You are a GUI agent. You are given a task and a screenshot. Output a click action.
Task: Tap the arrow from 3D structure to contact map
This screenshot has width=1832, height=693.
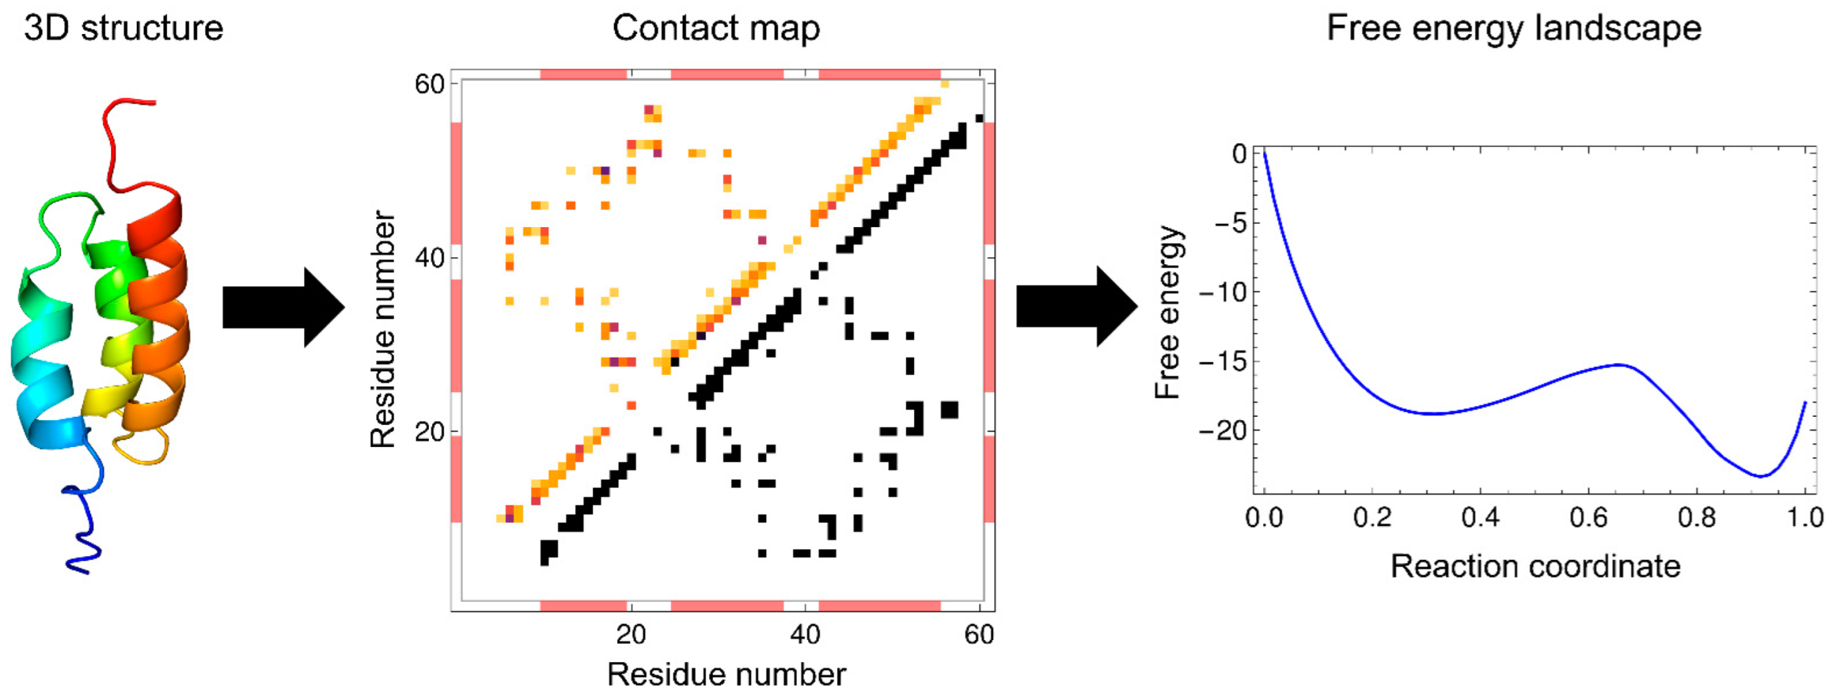click(x=283, y=308)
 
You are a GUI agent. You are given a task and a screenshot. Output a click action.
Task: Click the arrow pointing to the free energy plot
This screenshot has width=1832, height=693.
click(x=1076, y=307)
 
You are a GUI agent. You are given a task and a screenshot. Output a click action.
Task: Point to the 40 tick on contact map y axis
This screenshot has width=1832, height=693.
click(x=429, y=257)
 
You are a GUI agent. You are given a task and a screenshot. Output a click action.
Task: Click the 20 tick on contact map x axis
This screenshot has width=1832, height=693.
click(x=630, y=634)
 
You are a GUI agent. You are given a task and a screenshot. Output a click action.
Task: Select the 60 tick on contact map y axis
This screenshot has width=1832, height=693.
click(x=429, y=84)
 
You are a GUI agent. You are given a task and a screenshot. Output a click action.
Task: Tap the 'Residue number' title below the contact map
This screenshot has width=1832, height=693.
click(x=726, y=674)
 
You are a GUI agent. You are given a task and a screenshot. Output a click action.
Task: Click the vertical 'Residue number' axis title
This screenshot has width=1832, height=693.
click(x=383, y=328)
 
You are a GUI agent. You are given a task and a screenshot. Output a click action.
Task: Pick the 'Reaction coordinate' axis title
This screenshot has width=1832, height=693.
click(x=1534, y=566)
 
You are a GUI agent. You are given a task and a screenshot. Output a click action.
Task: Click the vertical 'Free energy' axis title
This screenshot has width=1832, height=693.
click(x=1167, y=312)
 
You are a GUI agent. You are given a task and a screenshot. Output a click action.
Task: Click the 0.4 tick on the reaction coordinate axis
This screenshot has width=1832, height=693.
click(x=1480, y=517)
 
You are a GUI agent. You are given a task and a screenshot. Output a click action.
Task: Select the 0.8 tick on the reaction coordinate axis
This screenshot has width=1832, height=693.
click(x=1696, y=517)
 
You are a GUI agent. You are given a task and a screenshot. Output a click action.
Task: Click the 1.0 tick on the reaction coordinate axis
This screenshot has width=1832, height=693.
click(x=1805, y=517)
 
